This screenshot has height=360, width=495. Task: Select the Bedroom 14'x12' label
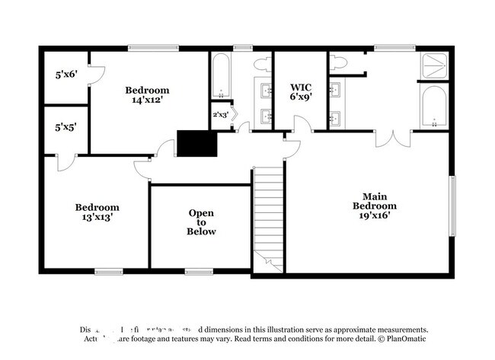pos(147,94)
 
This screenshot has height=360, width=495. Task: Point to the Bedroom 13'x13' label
pos(97,212)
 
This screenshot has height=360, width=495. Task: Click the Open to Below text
pos(202,222)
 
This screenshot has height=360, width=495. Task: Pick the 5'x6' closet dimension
pos(65,75)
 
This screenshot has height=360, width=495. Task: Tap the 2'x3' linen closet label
pos(220,115)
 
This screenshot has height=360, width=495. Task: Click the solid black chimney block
pos(197,142)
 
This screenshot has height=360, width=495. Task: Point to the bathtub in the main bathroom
pos(434,108)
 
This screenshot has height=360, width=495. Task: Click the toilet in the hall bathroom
pos(261,65)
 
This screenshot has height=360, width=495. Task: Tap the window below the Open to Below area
pos(198,271)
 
